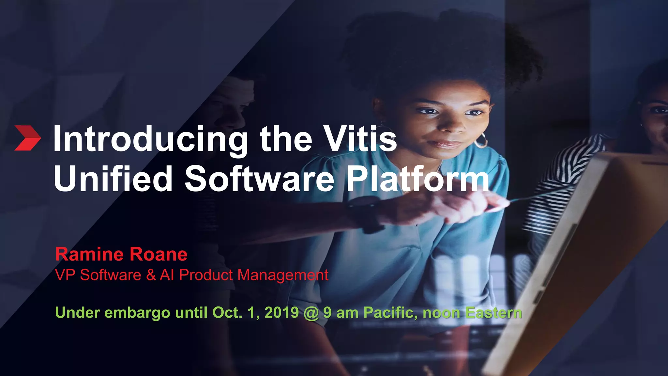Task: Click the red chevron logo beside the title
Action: [28, 138]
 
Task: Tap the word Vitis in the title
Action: [360, 139]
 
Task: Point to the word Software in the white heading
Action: [259, 179]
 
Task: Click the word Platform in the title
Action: [417, 179]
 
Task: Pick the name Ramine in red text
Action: [89, 254]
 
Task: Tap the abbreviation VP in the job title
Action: [66, 275]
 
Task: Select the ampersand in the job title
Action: [151, 275]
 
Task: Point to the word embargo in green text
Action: [137, 313]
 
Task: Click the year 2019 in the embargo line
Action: [281, 312]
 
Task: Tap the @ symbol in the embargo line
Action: [311, 313]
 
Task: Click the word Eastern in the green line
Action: [493, 312]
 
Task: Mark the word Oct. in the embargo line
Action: [227, 312]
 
